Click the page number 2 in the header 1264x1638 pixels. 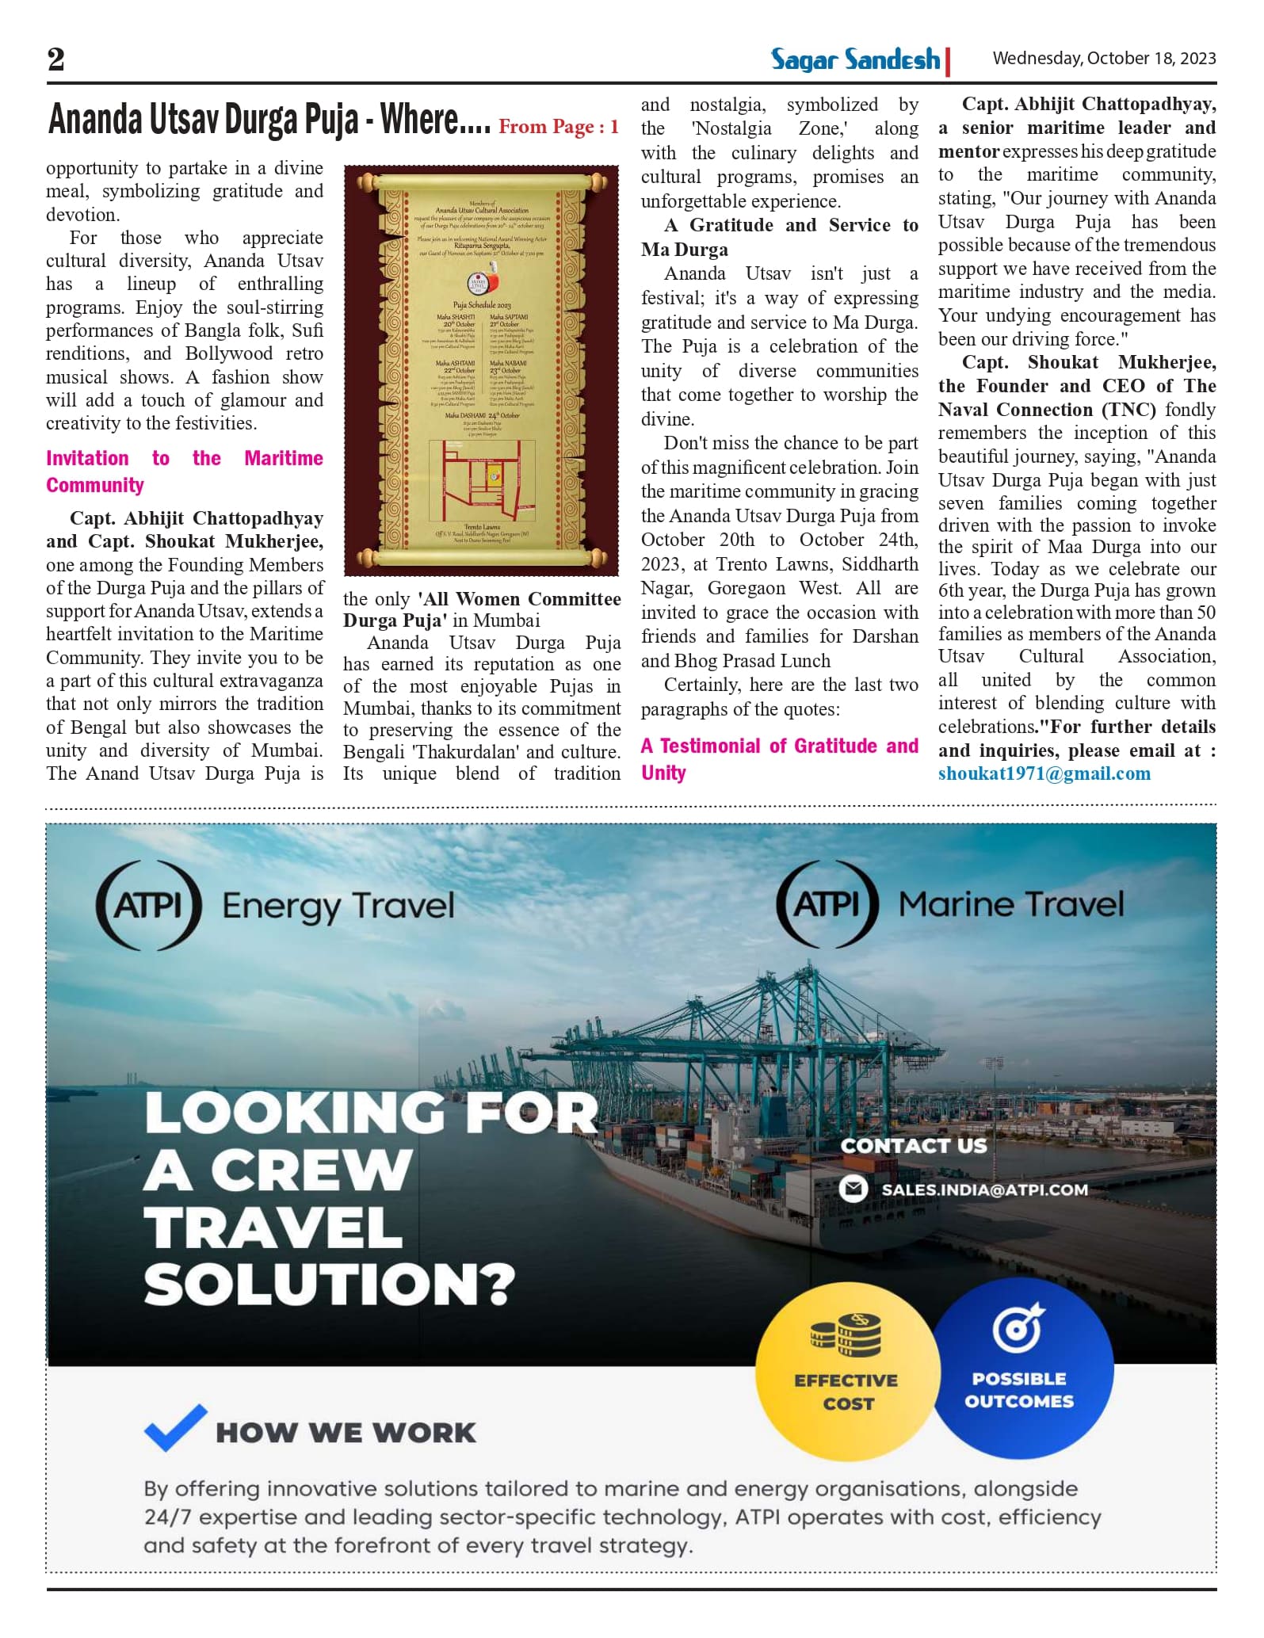pyautogui.click(x=56, y=59)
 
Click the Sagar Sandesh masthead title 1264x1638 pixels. pyautogui.click(x=855, y=59)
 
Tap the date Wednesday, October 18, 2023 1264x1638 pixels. pyautogui.click(x=1104, y=59)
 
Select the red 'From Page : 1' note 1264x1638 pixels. pyautogui.click(x=558, y=127)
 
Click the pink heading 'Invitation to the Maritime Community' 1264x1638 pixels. pyautogui.click(x=184, y=472)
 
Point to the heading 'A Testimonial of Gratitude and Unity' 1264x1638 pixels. pyautogui.click(x=779, y=758)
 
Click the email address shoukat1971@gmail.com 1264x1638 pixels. pyautogui.click(x=1044, y=774)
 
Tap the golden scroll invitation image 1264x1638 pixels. pyautogui.click(x=481, y=370)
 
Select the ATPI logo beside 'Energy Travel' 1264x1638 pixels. pyautogui.click(x=148, y=905)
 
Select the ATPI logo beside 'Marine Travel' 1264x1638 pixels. pyautogui.click(x=827, y=903)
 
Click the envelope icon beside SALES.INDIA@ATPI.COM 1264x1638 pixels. pyautogui.click(x=853, y=1189)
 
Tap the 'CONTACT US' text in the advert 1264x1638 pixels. pyautogui.click(x=914, y=1146)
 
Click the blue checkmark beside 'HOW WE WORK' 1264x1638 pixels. pyautogui.click(x=175, y=1427)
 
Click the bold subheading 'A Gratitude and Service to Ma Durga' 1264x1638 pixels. pyautogui.click(x=779, y=237)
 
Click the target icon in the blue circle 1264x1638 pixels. pyautogui.click(x=1019, y=1329)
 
